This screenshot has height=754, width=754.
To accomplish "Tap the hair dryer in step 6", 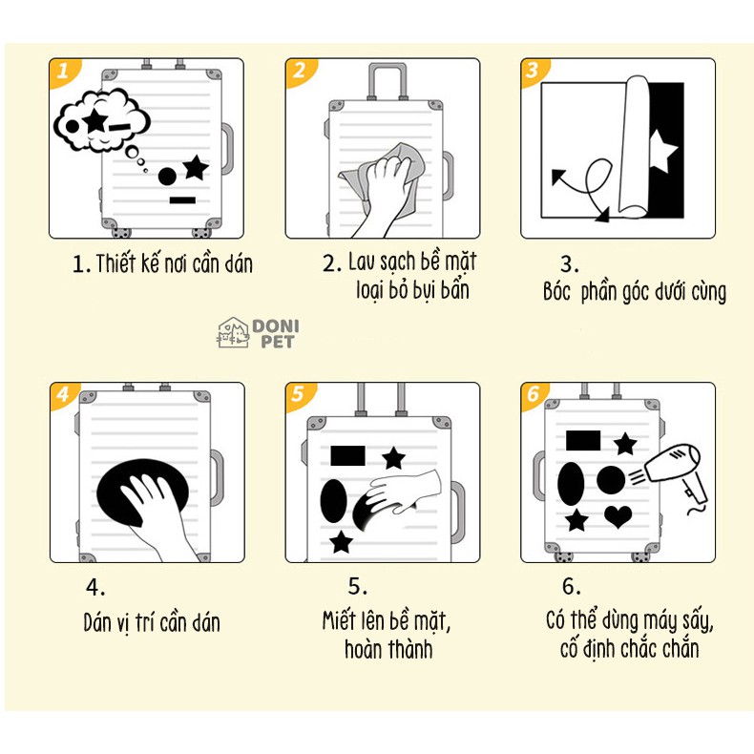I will pyautogui.click(x=679, y=471).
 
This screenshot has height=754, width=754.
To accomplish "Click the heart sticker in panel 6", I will pyautogui.click(x=618, y=516).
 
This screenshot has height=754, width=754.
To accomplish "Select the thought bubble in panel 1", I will pyautogui.click(x=103, y=122).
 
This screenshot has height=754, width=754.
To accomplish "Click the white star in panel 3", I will pyautogui.click(x=662, y=149).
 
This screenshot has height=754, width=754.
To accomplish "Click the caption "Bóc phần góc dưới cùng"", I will pyautogui.click(x=634, y=292).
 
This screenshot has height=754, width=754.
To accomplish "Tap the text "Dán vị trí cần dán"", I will pyautogui.click(x=152, y=623).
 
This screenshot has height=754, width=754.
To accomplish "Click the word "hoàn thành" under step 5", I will pyautogui.click(x=388, y=649).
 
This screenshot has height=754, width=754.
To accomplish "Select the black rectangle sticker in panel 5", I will pyautogui.click(x=347, y=454).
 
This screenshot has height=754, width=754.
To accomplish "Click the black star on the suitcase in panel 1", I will pyautogui.click(x=195, y=168).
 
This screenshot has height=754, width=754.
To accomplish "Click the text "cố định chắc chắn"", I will pyautogui.click(x=629, y=649).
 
